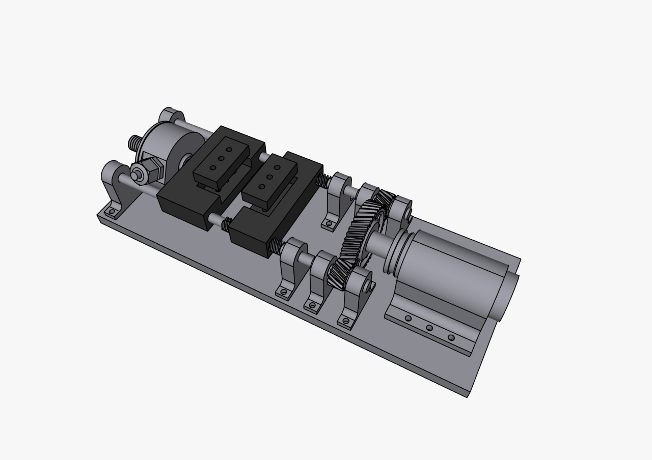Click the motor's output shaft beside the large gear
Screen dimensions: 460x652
[379, 243]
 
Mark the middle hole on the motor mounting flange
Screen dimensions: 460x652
[429, 328]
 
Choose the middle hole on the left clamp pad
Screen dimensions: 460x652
[221, 158]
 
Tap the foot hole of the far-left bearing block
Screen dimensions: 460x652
[110, 211]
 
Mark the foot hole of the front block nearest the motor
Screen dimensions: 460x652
[346, 321]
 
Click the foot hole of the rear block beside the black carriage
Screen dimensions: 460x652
[329, 223]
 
